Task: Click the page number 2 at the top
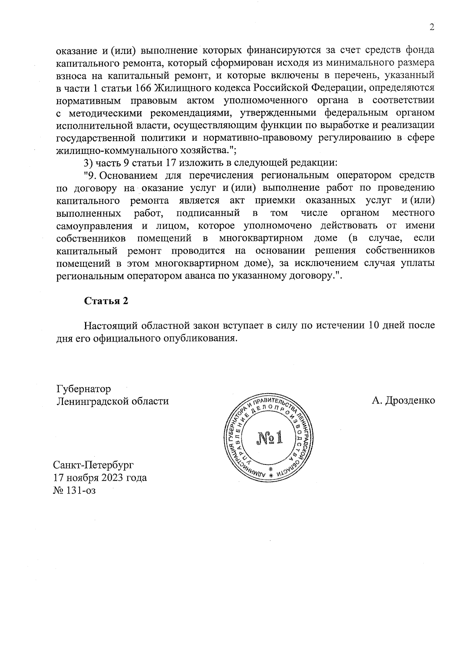coord(431,27)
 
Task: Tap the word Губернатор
coord(83,389)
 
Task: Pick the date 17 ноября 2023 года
coord(100,477)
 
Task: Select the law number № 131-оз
coord(75,490)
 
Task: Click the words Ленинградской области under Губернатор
coord(113,401)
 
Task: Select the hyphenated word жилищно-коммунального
coord(113,150)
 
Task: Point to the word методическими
coord(106,113)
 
